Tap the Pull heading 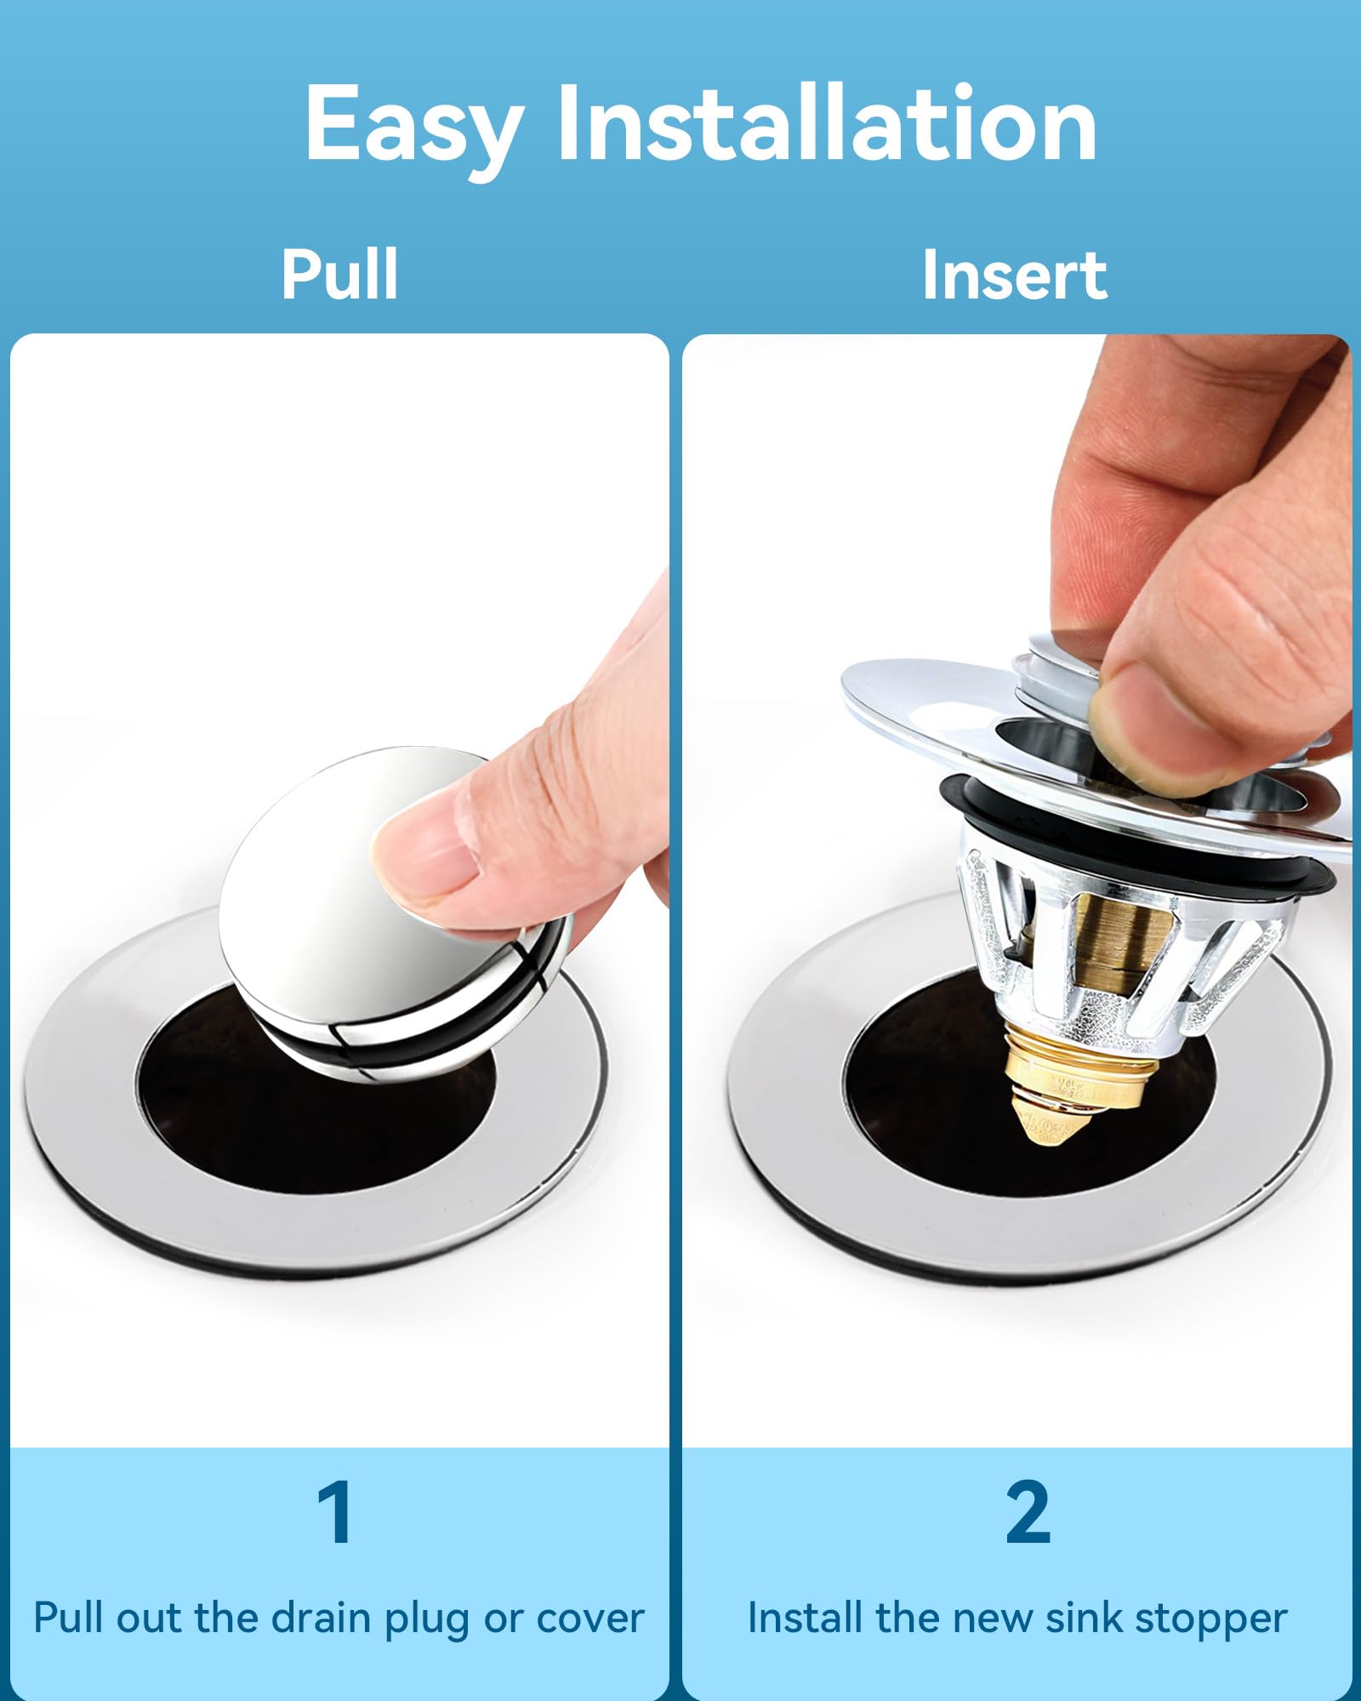339,274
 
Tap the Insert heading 1015,274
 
